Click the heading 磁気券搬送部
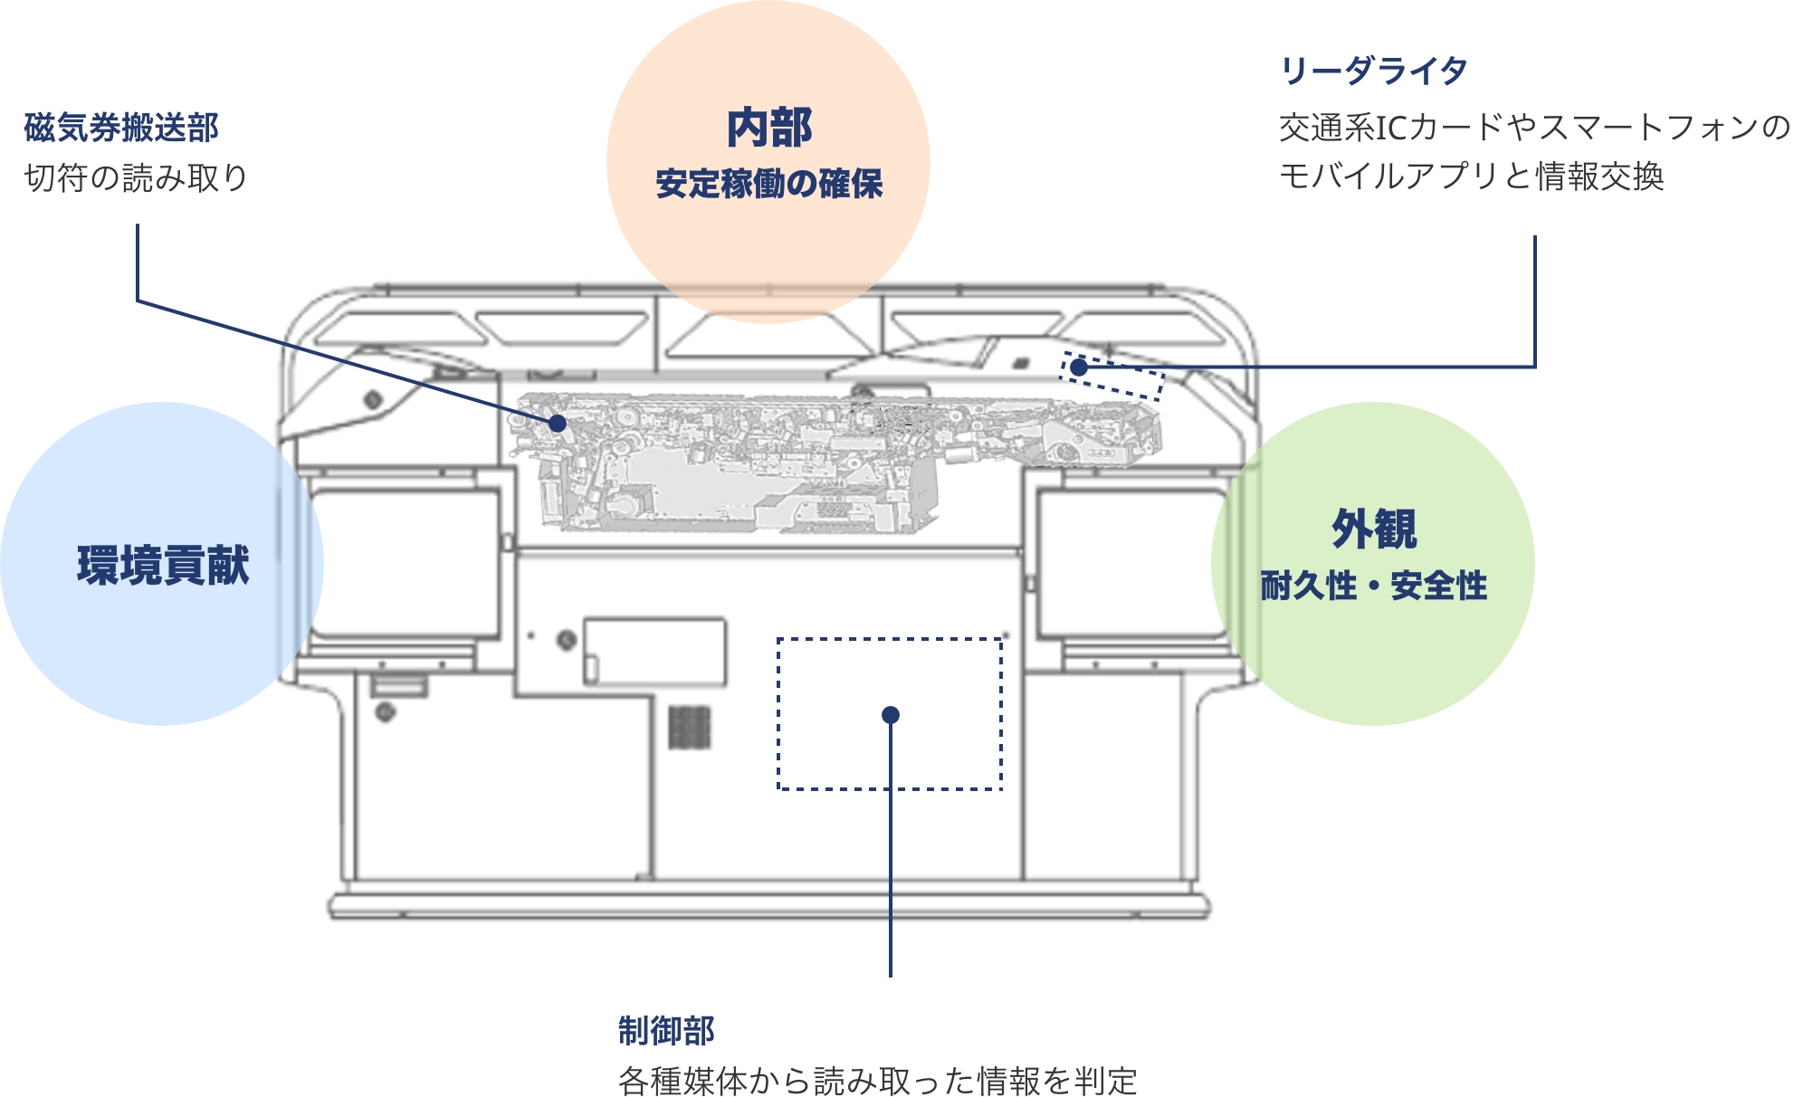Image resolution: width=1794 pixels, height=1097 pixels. click(121, 128)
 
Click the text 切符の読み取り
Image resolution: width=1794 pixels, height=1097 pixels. click(136, 177)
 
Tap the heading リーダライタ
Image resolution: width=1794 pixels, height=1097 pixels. click(1373, 70)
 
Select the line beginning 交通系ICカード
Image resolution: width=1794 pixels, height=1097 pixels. click(1533, 128)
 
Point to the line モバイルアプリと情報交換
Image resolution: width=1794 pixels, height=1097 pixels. click(1471, 176)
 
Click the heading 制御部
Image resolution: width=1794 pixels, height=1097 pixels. click(666, 1030)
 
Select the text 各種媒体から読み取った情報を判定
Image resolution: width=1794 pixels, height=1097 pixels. click(877, 1081)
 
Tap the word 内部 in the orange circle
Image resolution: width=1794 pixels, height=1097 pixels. click(769, 128)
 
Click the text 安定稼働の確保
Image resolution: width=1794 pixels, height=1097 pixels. click(769, 184)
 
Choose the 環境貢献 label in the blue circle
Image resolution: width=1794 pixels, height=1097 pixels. click(163, 565)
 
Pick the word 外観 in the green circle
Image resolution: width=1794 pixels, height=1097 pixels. click(1373, 529)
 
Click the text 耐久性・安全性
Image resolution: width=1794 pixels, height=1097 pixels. click(1373, 586)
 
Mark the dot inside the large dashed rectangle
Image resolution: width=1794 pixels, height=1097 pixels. click(891, 715)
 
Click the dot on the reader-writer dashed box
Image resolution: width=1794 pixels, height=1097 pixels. click(1078, 367)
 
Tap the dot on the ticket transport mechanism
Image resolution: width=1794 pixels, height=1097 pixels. click(558, 424)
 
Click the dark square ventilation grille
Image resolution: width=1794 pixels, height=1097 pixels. click(690, 728)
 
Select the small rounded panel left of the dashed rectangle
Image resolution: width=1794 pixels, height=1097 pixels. click(654, 652)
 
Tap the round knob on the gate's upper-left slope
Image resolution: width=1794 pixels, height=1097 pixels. click(372, 399)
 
